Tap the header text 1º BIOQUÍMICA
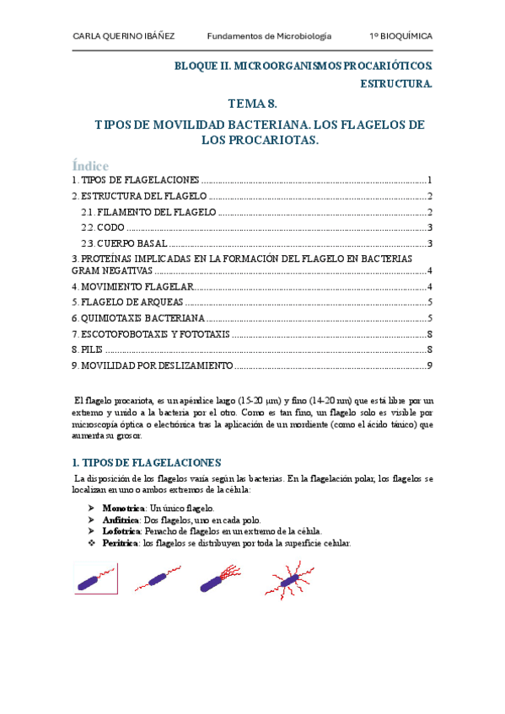(x=400, y=36)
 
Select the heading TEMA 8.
(x=252, y=104)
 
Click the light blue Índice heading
(x=90, y=166)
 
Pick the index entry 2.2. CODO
(x=103, y=228)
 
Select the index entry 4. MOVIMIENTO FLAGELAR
(x=132, y=286)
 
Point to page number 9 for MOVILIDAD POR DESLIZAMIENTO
(x=429, y=365)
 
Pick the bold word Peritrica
(x=121, y=543)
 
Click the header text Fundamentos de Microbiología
(x=269, y=36)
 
